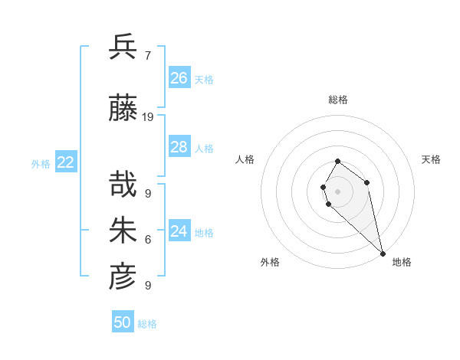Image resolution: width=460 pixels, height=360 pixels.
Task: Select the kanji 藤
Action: point(123,110)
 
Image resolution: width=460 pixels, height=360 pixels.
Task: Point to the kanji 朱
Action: point(123,231)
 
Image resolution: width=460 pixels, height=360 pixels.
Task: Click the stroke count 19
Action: point(148,117)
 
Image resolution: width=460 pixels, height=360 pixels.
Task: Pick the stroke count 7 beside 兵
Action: point(147,55)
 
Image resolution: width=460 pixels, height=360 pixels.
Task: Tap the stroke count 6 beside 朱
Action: point(147,240)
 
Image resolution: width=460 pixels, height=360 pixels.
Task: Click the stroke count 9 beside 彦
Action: point(147,285)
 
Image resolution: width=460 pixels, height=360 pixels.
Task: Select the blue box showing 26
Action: point(179,77)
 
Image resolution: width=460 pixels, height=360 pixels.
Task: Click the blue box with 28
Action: point(179,147)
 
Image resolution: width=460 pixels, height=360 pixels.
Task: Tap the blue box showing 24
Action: point(179,231)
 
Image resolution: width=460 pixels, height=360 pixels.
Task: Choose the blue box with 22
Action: point(66,162)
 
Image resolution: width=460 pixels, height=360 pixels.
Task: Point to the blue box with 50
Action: point(123,322)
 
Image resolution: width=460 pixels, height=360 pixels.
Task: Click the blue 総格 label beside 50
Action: point(147,324)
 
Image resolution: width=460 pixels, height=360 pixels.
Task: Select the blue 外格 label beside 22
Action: point(41,163)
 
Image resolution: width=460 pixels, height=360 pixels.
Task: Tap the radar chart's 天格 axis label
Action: point(431,159)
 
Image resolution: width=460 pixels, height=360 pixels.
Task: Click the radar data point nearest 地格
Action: point(383,254)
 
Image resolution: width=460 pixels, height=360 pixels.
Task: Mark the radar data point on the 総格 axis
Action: point(337,162)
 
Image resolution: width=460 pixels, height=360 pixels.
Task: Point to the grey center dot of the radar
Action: point(337,191)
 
